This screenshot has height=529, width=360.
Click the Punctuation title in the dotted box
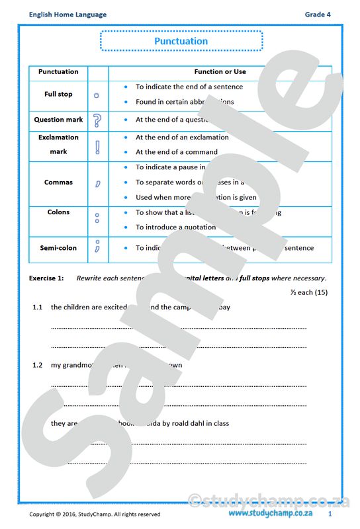coord(181,41)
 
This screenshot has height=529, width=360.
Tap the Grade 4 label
coord(318,15)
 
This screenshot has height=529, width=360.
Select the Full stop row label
coord(58,95)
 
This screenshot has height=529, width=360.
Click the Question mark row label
coord(58,120)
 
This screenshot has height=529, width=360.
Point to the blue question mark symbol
coord(97,120)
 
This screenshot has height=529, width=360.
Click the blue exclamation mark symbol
coord(97,145)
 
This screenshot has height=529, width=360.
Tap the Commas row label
coord(58,183)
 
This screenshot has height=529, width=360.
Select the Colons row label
coord(58,212)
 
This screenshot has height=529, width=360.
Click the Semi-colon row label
coord(58,248)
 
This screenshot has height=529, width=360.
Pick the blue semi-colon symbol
coord(97,247)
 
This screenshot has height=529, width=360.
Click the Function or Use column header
coord(220,71)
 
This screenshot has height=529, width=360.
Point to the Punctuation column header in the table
coord(58,71)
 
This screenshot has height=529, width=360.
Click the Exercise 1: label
coord(46,278)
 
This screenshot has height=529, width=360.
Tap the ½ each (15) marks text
coord(308,292)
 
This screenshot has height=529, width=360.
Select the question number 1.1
coord(38,307)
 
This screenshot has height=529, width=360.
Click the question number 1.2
coord(38,365)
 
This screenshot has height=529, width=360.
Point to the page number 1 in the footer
coord(330,513)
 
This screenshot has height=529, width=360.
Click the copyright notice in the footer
coord(95,514)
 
